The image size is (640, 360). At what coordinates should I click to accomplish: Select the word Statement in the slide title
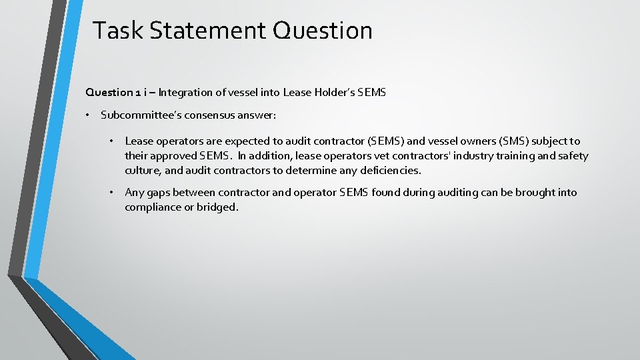[202, 31]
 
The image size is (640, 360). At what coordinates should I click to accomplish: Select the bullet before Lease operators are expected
[113, 141]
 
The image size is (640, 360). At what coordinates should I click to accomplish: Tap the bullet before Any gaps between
[113, 193]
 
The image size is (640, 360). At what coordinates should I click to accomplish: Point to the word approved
[173, 156]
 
